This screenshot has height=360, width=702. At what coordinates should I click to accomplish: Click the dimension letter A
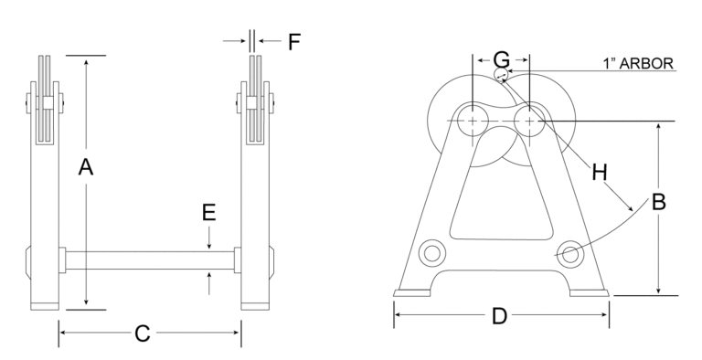pyautogui.click(x=86, y=167)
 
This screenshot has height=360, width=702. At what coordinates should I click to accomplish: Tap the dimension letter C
pyautogui.click(x=143, y=334)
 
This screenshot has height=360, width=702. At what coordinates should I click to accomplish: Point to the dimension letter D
pyautogui.click(x=498, y=317)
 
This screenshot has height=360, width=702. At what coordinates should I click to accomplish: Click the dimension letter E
pyautogui.click(x=209, y=213)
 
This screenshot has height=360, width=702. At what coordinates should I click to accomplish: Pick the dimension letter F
pyautogui.click(x=293, y=41)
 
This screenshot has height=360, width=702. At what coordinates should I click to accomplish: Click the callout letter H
pyautogui.click(x=600, y=170)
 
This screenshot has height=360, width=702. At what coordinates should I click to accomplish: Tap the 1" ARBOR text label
pyautogui.click(x=639, y=64)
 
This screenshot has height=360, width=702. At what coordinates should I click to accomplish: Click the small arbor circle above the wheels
pyautogui.click(x=502, y=75)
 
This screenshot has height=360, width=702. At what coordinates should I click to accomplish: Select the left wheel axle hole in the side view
pyautogui.click(x=472, y=121)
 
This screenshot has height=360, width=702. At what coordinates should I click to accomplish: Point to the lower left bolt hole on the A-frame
pyautogui.click(x=431, y=251)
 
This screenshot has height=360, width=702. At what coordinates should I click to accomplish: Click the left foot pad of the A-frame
pyautogui.click(x=413, y=293)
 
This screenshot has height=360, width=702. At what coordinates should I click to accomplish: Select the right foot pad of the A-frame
pyautogui.click(x=589, y=293)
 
